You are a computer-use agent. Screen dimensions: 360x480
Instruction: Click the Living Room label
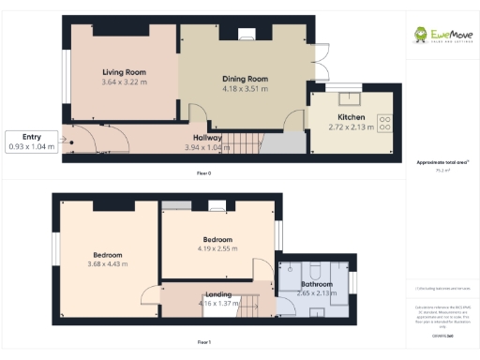click(x=124, y=71)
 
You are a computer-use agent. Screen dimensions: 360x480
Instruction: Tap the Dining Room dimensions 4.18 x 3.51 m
click(x=245, y=89)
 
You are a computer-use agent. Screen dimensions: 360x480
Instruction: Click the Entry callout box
click(x=32, y=142)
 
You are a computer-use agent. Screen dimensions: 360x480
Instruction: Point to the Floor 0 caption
click(x=203, y=173)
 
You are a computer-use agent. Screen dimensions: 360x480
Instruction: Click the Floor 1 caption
click(x=203, y=342)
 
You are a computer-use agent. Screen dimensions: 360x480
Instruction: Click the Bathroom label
click(x=316, y=283)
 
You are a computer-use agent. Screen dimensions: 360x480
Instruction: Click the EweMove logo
click(x=442, y=37)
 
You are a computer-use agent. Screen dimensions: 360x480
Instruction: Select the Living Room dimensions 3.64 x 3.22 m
click(x=124, y=82)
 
